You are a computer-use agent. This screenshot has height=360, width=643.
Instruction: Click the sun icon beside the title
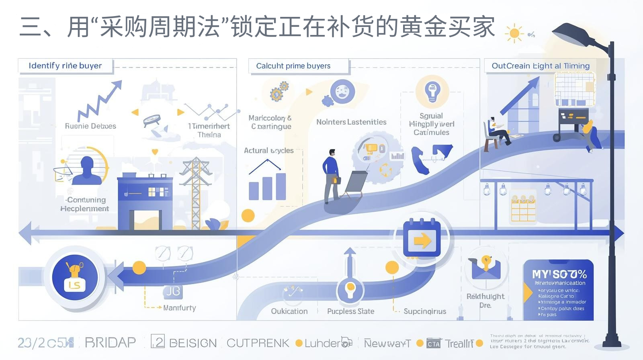pyautogui.click(x=514, y=33)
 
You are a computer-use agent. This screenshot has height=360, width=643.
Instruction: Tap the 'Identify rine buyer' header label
pyautogui.click(x=65, y=66)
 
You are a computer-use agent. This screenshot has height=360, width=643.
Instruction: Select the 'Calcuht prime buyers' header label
pyautogui.click(x=293, y=66)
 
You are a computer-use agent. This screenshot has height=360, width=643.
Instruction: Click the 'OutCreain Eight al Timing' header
pyautogui.click(x=541, y=66)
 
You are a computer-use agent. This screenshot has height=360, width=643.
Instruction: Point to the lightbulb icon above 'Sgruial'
pyautogui.click(x=432, y=91)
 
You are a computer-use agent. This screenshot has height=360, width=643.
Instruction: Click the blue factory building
pyautogui.click(x=145, y=201)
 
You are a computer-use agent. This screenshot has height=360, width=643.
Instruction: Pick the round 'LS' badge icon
pyautogui.click(x=75, y=278)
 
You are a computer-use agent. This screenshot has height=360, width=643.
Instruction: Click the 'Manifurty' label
pyautogui.click(x=180, y=308)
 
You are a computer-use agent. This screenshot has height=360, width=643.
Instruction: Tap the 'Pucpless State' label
pyautogui.click(x=350, y=311)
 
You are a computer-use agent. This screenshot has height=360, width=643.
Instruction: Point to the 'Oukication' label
pyautogui.click(x=289, y=311)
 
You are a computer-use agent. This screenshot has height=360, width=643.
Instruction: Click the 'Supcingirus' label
pyautogui.click(x=425, y=311)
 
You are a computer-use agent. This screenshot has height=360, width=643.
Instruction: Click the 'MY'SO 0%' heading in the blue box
pyautogui.click(x=559, y=274)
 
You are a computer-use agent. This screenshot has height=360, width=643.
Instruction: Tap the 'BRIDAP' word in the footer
pyautogui.click(x=110, y=343)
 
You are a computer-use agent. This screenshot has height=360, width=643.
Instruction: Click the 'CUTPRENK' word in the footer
pyautogui.click(x=258, y=343)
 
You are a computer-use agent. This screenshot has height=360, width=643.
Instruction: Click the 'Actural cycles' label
pyautogui.click(x=269, y=151)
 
